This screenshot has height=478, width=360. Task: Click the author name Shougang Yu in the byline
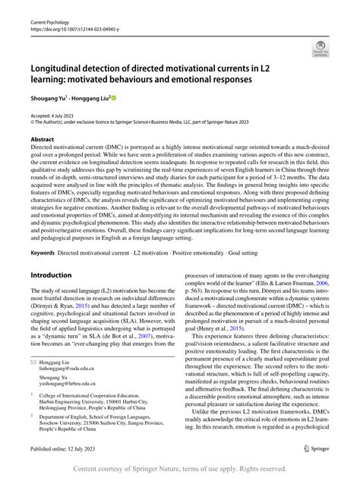(54, 98)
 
